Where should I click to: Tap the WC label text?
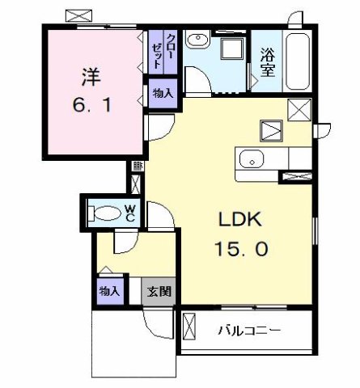(129, 213)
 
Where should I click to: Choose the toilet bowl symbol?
(104, 213)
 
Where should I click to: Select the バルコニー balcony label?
(249, 329)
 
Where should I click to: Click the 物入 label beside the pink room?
(163, 94)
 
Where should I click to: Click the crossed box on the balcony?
(190, 327)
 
